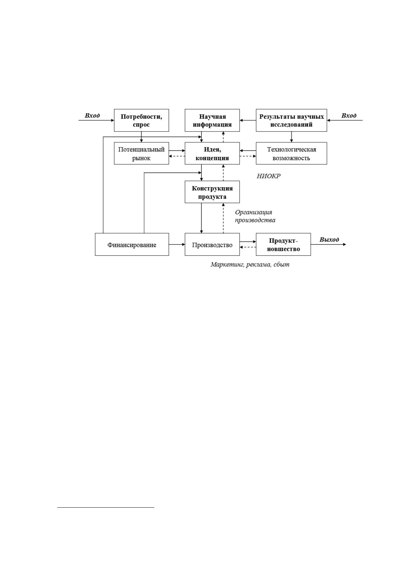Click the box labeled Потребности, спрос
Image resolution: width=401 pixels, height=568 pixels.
141,120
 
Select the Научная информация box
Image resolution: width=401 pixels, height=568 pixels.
212,120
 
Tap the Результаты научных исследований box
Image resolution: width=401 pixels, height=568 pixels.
291,120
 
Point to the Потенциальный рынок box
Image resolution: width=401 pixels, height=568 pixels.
141,153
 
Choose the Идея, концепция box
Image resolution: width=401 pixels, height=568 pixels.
212,153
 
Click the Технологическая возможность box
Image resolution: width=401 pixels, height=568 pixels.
291,153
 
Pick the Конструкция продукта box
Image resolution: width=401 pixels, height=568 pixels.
212,192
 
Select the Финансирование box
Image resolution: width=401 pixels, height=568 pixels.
132,245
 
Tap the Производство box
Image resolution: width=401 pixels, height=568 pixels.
212,245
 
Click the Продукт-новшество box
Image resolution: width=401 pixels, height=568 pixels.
283,245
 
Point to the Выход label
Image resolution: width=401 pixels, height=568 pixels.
329,239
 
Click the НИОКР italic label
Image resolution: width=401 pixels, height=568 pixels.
269,176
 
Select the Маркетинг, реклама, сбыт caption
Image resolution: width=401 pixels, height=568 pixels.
250,264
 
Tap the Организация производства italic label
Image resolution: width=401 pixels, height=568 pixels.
255,216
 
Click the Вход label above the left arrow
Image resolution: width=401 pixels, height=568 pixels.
92,116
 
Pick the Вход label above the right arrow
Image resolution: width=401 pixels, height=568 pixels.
349,116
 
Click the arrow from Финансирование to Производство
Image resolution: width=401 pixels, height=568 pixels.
177,245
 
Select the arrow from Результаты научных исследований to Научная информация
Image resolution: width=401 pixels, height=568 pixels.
248,120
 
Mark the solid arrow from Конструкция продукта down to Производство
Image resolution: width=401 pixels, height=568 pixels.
202,218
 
